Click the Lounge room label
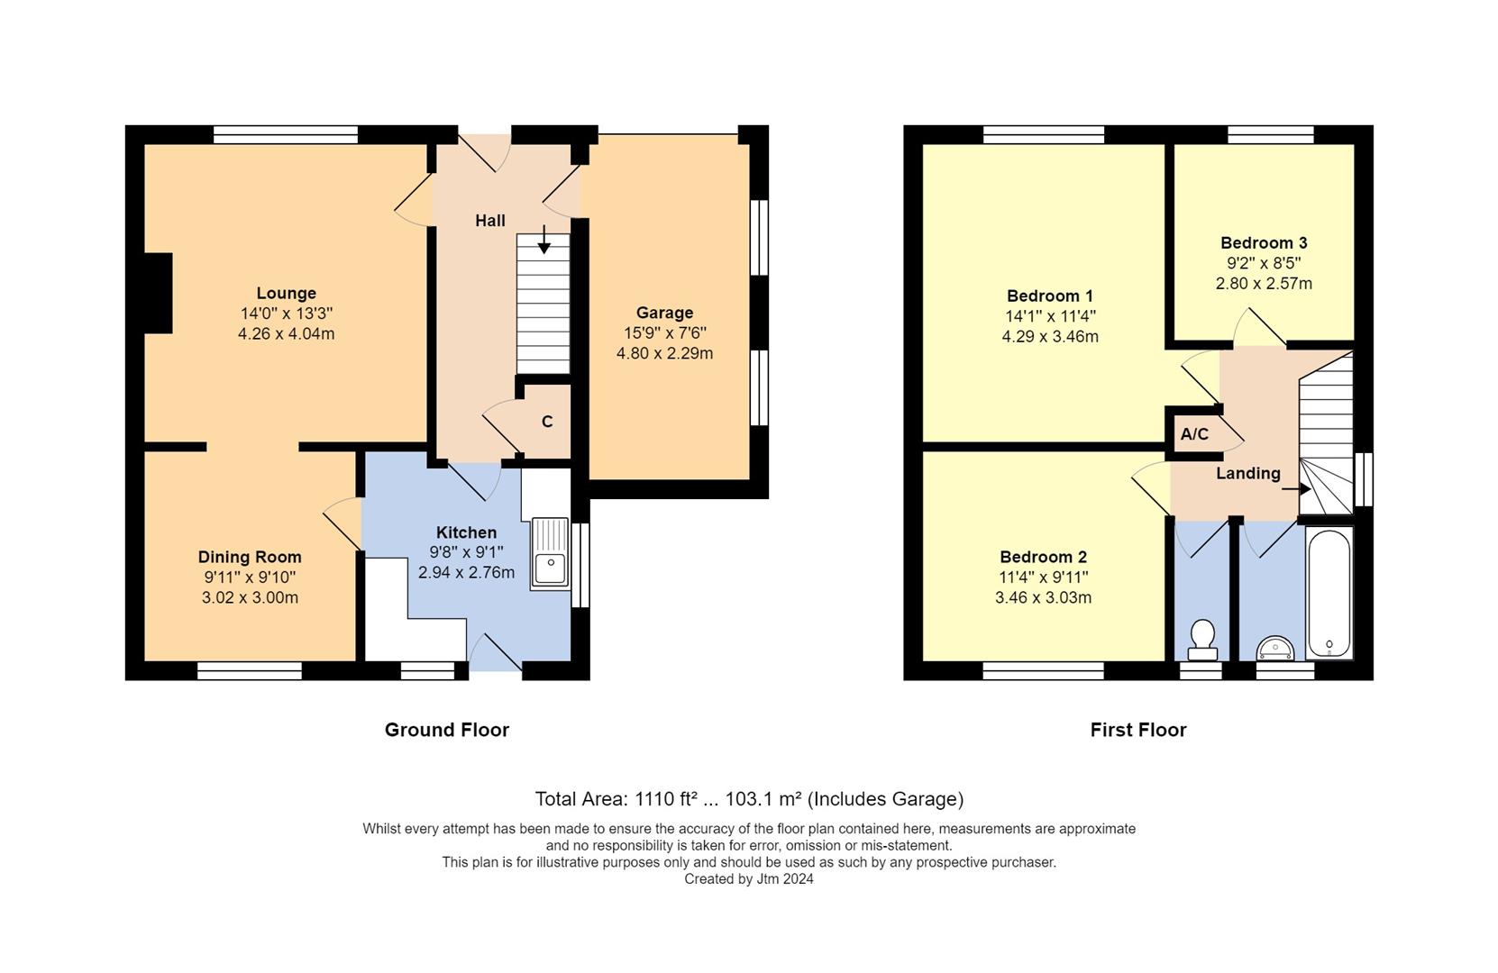click(286, 293)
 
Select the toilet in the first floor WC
click(1201, 638)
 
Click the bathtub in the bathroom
click(1329, 592)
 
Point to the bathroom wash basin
click(1274, 647)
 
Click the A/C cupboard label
click(1194, 434)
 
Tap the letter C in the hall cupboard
click(547, 422)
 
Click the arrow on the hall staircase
click(543, 239)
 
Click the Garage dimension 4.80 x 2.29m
click(664, 353)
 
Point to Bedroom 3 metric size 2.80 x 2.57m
click(1264, 283)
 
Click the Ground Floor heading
click(446, 730)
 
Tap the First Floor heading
click(1137, 730)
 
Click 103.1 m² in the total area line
click(763, 799)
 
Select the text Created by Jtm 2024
click(748, 879)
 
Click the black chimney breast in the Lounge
click(158, 293)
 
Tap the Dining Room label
click(250, 557)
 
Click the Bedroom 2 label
click(1043, 557)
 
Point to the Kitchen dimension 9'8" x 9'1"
click(466, 552)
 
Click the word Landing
click(1247, 473)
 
